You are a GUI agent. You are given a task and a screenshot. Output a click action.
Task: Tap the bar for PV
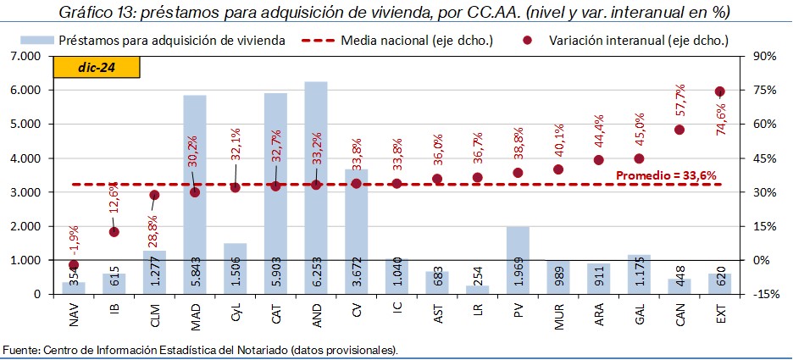point(518,254)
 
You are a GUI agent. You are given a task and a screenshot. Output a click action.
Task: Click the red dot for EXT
point(719,91)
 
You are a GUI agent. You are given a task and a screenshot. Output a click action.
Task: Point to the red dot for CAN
point(679,130)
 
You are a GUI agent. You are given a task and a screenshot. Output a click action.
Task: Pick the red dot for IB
point(114,231)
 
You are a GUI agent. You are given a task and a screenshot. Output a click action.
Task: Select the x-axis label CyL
point(236,321)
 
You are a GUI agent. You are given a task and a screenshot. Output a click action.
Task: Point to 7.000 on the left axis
point(25,56)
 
